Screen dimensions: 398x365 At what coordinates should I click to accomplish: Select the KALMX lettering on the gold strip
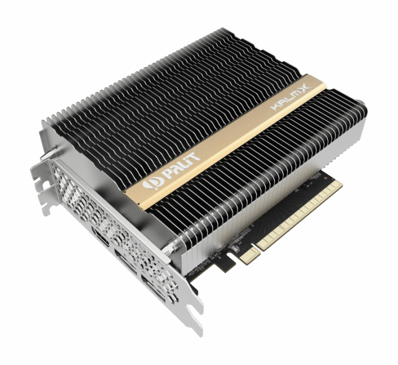pos(291,97)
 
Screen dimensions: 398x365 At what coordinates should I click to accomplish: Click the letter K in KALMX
pos(275,106)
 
